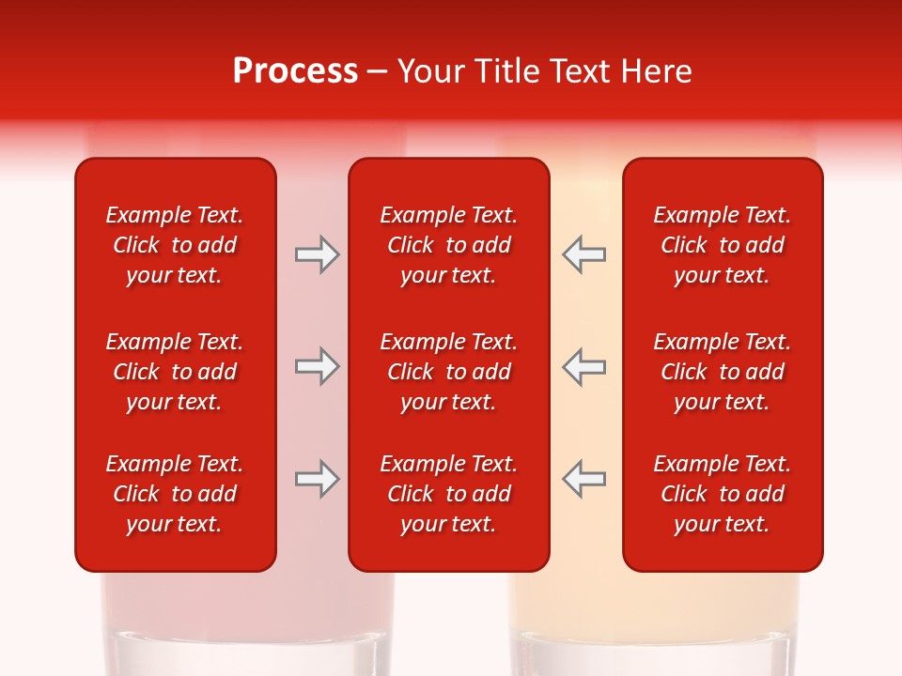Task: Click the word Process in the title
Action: click(295, 71)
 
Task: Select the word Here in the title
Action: click(655, 71)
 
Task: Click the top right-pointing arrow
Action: click(318, 254)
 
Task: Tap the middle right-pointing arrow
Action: click(318, 366)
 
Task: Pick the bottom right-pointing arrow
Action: click(318, 479)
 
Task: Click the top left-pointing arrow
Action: click(583, 254)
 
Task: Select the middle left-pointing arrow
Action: click(583, 366)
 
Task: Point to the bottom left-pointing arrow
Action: click(583, 479)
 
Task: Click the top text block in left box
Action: click(175, 245)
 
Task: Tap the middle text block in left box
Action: click(175, 372)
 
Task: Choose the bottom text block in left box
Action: click(175, 494)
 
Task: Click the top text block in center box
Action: click(448, 245)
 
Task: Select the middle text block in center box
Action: click(448, 372)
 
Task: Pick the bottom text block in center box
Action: click(448, 494)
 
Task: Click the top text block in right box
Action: click(722, 245)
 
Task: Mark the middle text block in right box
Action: click(722, 372)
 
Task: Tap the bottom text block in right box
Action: click(722, 494)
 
